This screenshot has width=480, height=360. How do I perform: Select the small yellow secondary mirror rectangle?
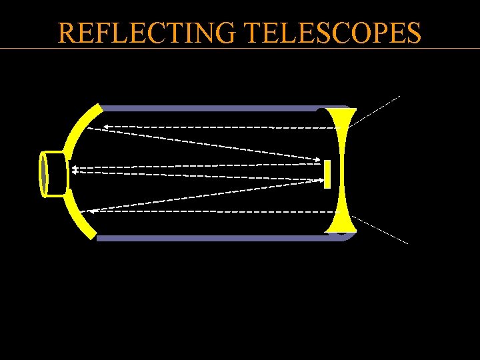click(327, 173)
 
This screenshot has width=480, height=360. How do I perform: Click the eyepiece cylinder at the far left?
click(54, 174)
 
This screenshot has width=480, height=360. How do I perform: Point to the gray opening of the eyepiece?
click(44, 174)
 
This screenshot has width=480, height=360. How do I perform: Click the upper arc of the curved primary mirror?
click(81, 130)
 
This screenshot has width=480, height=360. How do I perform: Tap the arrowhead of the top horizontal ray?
click(90, 127)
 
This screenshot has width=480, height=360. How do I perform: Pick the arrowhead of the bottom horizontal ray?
click(93, 211)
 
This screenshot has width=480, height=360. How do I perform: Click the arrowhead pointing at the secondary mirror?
click(318, 159)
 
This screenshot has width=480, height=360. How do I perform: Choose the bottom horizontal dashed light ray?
click(213, 211)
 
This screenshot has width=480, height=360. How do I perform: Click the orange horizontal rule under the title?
click(240, 48)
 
